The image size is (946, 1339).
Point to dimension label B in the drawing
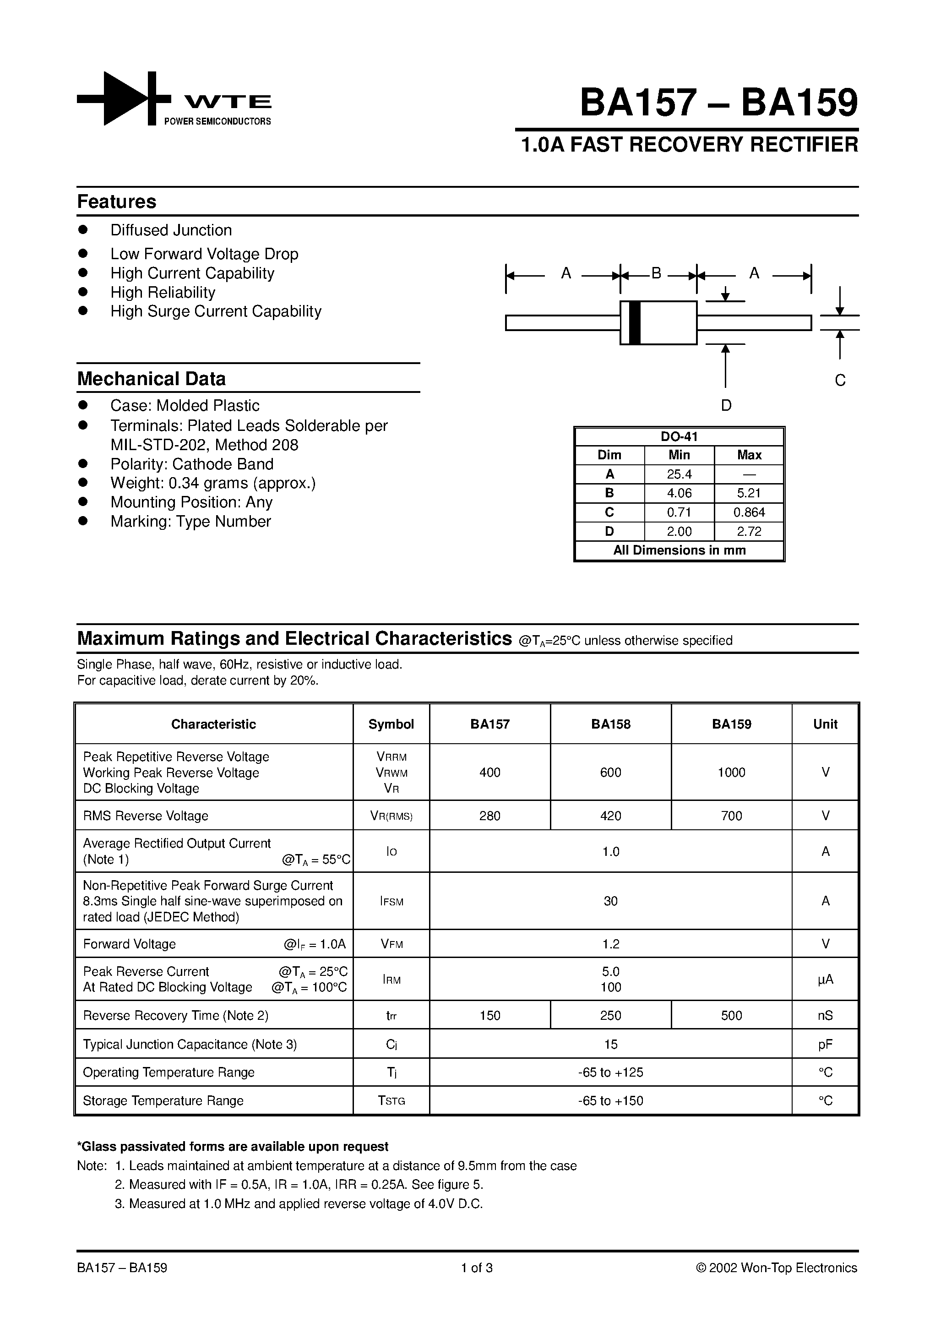tap(656, 273)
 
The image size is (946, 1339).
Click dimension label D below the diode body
tap(726, 405)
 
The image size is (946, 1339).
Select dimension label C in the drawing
tap(840, 380)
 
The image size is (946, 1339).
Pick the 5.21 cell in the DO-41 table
tap(749, 493)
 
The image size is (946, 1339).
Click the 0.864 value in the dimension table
tap(749, 512)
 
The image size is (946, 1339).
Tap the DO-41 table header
tap(680, 437)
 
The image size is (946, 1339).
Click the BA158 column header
tap(611, 724)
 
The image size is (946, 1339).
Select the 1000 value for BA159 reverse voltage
tap(731, 773)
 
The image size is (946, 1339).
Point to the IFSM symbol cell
tap(391, 902)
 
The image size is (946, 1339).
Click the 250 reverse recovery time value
tap(611, 1016)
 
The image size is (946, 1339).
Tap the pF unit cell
tap(825, 1045)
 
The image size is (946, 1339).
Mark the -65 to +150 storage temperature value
tap(611, 1101)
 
